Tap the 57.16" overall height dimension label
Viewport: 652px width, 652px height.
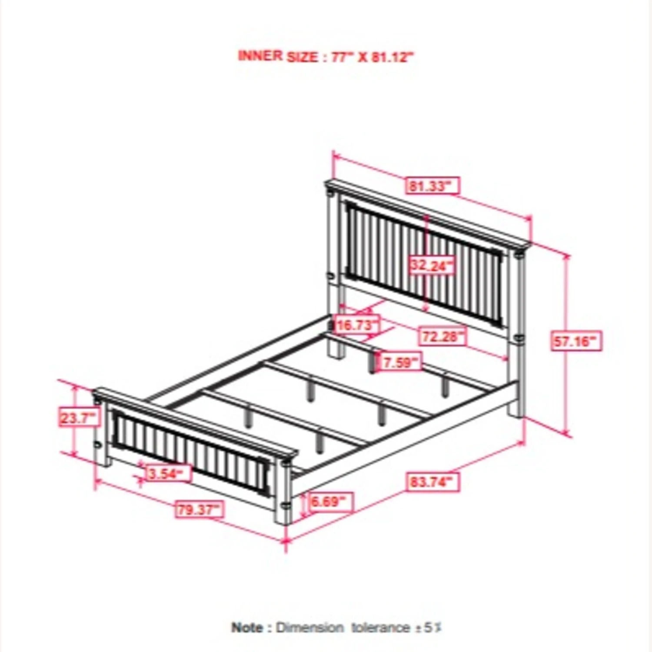point(576,341)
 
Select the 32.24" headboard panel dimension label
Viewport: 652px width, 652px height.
point(431,265)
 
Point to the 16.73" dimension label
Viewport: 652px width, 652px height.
point(356,325)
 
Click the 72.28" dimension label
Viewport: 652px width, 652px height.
point(442,336)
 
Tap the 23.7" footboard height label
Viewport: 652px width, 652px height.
point(78,418)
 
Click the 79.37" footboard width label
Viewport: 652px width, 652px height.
point(200,509)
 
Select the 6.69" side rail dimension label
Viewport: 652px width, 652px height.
point(330,501)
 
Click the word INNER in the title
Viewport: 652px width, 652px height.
point(260,56)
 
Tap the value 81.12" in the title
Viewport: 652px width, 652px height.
point(391,57)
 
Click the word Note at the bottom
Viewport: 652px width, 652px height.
point(247,628)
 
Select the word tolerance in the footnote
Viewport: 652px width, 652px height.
point(380,628)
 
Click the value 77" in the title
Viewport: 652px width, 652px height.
point(342,57)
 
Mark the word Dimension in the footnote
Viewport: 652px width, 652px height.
point(309,628)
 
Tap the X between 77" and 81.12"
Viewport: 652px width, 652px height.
point(362,57)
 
